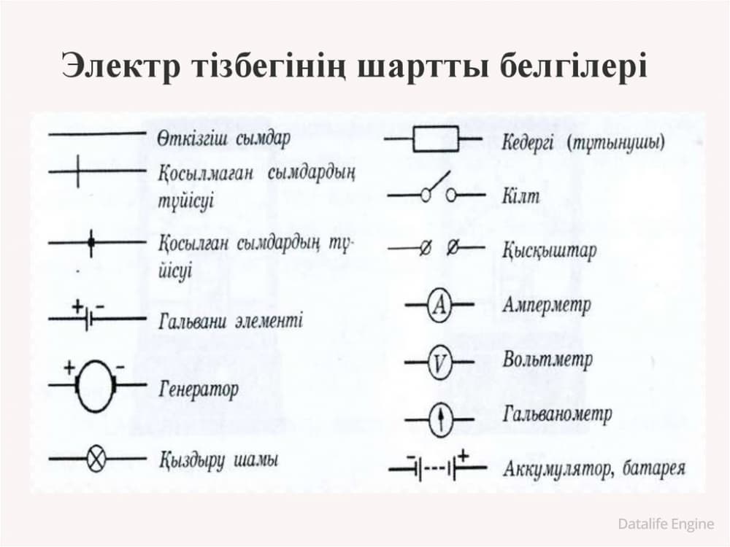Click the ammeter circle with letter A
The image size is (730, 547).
point(439,306)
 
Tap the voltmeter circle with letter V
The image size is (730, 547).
point(439,362)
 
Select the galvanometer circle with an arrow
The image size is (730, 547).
point(440,419)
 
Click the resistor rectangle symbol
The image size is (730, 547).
point(435,139)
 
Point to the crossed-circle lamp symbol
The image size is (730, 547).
point(97,459)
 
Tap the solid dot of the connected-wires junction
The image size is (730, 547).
point(91,242)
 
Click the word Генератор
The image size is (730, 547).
point(198,390)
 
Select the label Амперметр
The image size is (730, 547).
point(546,304)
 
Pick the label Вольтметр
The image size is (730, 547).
point(547,360)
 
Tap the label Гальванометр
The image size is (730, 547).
point(556,415)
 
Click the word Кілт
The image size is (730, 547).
point(520,195)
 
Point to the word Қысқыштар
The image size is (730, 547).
point(549,251)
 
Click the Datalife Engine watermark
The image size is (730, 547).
point(665,523)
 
